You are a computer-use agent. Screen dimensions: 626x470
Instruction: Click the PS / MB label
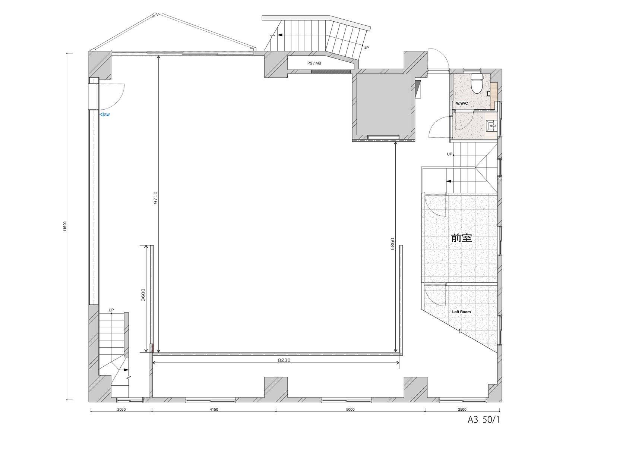(x=314, y=63)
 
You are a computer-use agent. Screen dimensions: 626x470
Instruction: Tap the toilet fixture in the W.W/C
(x=476, y=83)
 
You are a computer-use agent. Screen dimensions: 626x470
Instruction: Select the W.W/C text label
(x=462, y=103)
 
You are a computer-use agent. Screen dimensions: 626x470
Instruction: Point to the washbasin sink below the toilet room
(x=491, y=126)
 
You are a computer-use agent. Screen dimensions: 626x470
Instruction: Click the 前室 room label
(x=461, y=238)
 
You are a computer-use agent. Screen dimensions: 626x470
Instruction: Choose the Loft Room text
(x=461, y=312)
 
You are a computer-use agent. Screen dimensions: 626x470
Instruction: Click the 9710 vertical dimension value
(x=155, y=197)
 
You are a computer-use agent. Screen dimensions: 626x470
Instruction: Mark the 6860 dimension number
(x=392, y=244)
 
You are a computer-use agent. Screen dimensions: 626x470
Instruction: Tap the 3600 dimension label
(x=143, y=295)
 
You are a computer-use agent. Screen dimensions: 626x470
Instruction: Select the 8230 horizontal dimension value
(x=284, y=360)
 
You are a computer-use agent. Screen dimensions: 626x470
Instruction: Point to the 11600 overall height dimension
(x=65, y=226)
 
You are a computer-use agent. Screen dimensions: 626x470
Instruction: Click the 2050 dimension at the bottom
(x=121, y=410)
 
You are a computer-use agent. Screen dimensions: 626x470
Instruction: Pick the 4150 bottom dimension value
(x=214, y=410)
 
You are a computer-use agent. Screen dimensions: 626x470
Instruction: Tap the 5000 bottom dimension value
(x=350, y=410)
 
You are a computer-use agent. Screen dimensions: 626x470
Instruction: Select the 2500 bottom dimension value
(x=462, y=410)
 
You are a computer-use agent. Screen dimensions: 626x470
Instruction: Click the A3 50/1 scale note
(x=484, y=420)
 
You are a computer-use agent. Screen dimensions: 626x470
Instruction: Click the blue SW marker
(x=105, y=115)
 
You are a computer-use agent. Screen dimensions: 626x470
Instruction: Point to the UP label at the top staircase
(x=366, y=48)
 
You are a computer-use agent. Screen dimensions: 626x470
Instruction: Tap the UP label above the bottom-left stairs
(x=111, y=310)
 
